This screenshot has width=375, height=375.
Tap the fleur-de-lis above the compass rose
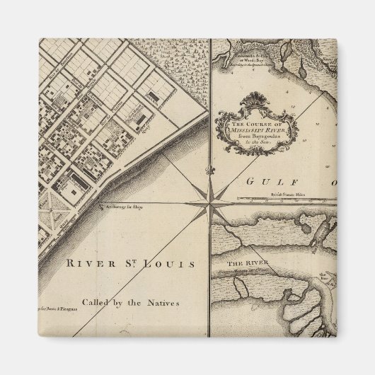click(x=209, y=171)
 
